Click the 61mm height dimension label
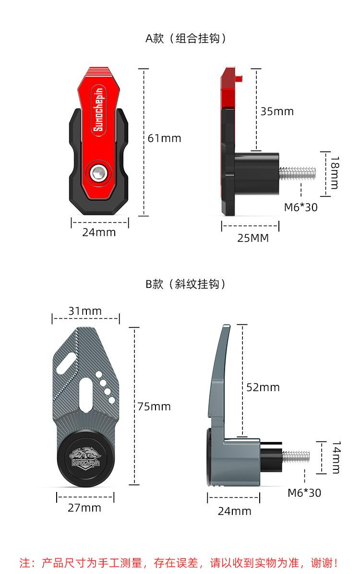coord(164,138)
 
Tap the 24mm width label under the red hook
coord(99,232)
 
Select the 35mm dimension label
coord(277,111)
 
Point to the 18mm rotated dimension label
coord(335,172)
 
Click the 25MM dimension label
coord(252,239)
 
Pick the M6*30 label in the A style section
coord(300,207)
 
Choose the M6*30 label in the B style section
coord(304,493)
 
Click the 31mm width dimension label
coord(85,311)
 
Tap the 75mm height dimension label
coord(154,407)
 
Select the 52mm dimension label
coord(263,387)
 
